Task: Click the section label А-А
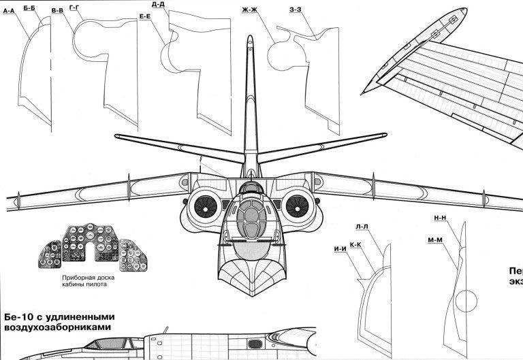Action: (10, 12)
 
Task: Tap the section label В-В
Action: (59, 11)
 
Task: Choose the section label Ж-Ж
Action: (249, 11)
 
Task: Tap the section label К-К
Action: (355, 244)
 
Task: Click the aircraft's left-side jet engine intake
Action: (204, 204)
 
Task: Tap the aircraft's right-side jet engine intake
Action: (296, 204)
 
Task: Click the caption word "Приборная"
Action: (72, 278)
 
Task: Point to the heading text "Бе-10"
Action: (19, 316)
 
